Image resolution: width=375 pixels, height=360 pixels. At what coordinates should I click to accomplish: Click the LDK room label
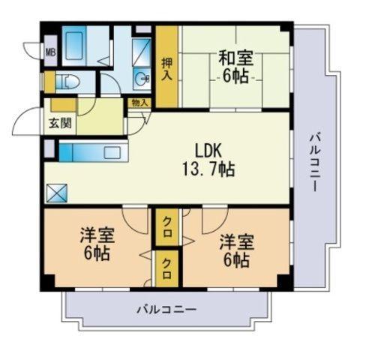[x=208, y=151]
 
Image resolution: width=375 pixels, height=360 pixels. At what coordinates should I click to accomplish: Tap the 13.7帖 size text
[x=208, y=169]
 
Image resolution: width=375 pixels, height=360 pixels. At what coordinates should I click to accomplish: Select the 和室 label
[x=236, y=58]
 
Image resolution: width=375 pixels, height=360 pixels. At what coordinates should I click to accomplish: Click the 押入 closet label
[x=166, y=69]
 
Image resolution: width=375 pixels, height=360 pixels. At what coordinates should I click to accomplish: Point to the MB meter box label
[x=50, y=52]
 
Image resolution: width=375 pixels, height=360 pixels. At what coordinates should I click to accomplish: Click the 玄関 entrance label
[x=60, y=123]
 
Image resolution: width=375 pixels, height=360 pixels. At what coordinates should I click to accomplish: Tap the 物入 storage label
[x=139, y=103]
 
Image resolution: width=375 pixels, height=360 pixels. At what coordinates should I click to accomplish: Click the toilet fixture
[x=67, y=82]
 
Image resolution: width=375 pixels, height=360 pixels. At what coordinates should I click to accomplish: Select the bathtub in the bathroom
[x=74, y=46]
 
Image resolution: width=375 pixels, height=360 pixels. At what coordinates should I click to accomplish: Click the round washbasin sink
[x=142, y=79]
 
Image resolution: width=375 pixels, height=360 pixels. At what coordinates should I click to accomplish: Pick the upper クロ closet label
[x=166, y=226]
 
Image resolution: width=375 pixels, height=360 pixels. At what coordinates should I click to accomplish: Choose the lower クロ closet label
[x=166, y=268]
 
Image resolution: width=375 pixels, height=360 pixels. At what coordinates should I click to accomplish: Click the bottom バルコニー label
[x=166, y=310]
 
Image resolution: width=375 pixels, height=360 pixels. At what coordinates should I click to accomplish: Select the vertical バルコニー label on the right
[x=314, y=163]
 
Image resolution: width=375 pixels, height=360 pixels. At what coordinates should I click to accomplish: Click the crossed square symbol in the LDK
[x=57, y=193]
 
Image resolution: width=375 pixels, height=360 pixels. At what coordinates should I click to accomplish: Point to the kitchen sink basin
[x=112, y=152]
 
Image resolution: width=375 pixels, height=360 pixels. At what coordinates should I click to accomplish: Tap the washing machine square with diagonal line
[x=141, y=52]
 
